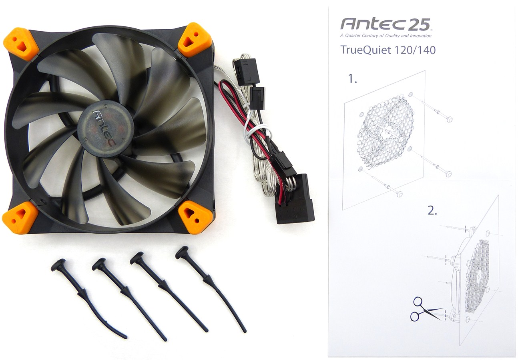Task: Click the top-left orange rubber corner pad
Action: [21, 44]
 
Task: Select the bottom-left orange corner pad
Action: [20, 218]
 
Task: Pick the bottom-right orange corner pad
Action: [195, 217]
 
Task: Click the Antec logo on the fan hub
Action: [104, 128]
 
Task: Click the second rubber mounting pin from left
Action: [130, 300]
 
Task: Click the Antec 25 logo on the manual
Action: [385, 24]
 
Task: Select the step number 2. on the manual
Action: [432, 211]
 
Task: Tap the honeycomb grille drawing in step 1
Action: [385, 132]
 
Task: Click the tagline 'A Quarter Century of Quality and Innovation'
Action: [386, 36]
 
